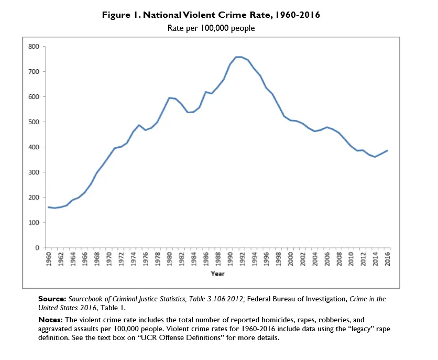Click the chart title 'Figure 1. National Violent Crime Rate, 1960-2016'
211,15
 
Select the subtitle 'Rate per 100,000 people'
211,28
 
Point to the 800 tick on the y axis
34,47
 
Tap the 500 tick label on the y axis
34,122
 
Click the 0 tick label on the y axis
37,248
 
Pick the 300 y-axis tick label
34,172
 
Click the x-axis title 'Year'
217,274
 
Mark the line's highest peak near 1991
237,57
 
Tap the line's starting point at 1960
49,207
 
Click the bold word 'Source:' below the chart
51,299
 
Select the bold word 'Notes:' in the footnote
50,320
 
